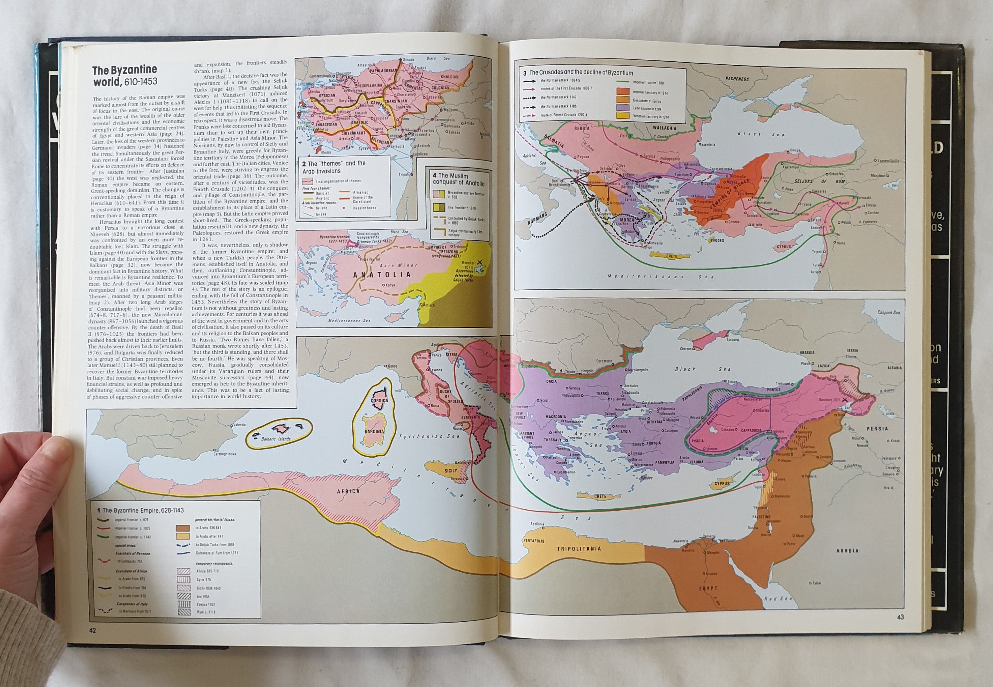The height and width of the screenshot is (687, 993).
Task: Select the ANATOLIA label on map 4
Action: tap(382, 275)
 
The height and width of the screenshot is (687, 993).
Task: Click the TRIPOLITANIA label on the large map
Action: tap(579, 549)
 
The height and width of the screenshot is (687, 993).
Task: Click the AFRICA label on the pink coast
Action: tap(349, 491)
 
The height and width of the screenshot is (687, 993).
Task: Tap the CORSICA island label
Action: tap(379, 400)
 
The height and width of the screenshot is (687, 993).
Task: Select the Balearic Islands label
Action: tap(276, 439)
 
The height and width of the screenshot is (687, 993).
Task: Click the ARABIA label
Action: tap(847, 550)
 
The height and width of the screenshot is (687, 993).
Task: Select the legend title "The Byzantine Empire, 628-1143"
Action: tap(140, 510)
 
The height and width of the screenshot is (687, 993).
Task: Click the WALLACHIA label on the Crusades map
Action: tap(664, 128)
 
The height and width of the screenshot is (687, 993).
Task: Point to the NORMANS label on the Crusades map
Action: tap(537, 219)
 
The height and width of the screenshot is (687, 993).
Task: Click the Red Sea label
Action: tap(778, 598)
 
